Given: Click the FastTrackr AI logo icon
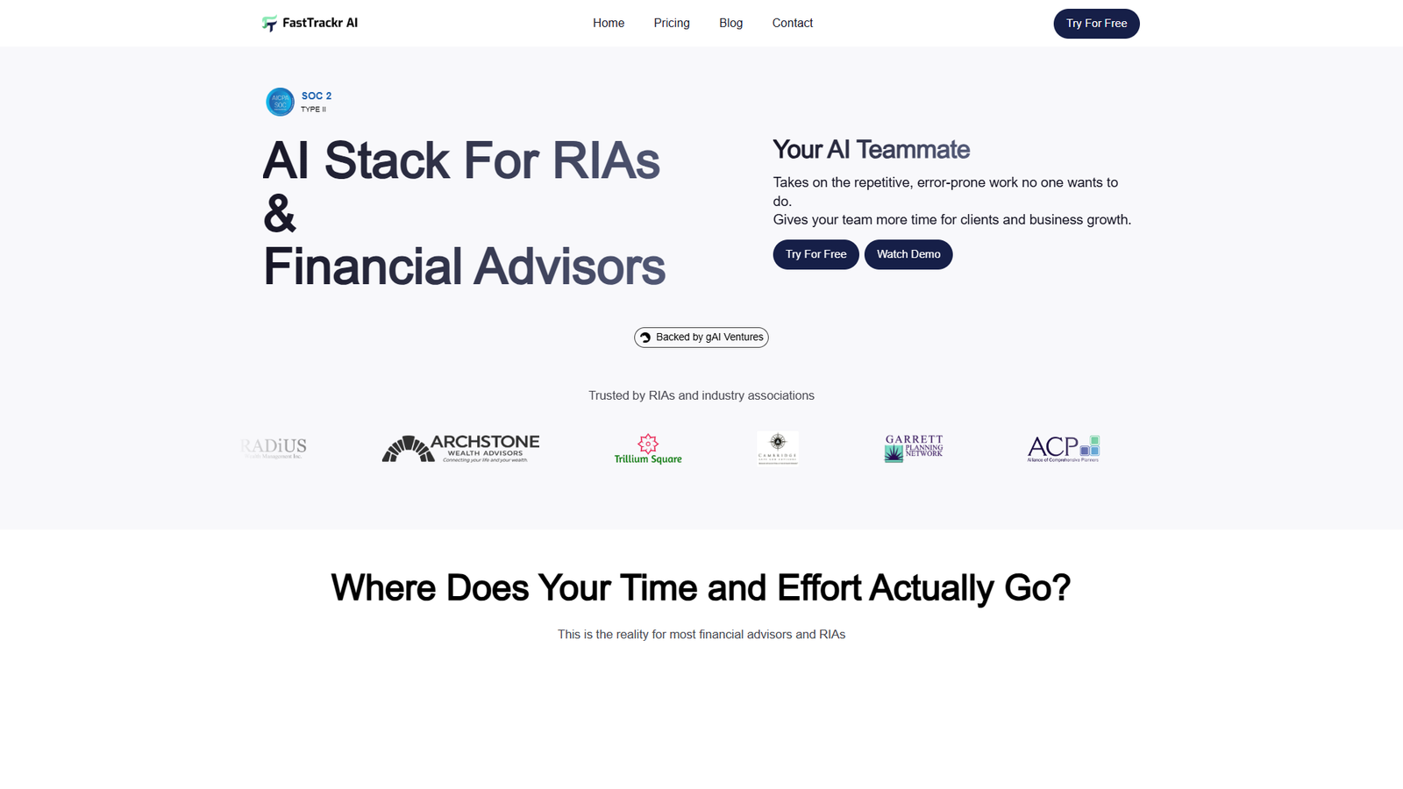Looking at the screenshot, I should [x=269, y=24].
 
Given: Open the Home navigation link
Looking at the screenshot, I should [x=609, y=24].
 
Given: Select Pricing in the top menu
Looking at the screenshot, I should [x=672, y=24].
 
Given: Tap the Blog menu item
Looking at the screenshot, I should [x=730, y=24].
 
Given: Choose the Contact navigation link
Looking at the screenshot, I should [x=792, y=24].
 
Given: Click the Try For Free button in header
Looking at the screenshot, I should [x=1096, y=24].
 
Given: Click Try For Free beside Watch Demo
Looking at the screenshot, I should [x=815, y=254].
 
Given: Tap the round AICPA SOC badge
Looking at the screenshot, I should [x=280, y=102].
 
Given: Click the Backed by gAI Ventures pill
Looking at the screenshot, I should [x=701, y=338].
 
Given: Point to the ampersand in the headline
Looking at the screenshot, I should [x=280, y=214].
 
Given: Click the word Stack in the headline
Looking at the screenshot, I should [x=387, y=161].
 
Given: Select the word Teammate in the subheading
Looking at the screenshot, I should [x=913, y=150].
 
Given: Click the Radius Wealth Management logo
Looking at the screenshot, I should [x=274, y=448].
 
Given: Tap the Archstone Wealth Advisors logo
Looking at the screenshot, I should [x=460, y=448].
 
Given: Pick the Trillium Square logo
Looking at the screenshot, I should [x=648, y=449].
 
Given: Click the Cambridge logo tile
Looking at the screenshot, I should [x=778, y=448].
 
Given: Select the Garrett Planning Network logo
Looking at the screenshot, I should [x=914, y=448].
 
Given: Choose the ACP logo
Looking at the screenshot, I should [x=1063, y=448].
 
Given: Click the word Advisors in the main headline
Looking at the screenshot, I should [x=569, y=267].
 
